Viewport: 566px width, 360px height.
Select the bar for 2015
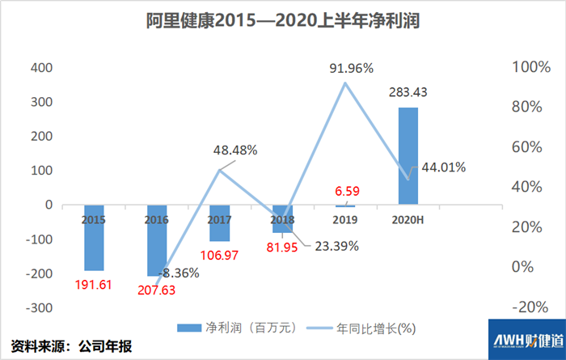point(95,238)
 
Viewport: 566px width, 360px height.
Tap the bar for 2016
point(158,241)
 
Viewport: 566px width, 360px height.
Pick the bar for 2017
point(220,223)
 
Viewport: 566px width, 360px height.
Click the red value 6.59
point(345,191)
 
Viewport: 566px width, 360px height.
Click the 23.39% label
point(332,246)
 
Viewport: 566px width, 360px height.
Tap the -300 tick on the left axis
point(37,307)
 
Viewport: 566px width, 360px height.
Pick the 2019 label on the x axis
point(345,219)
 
